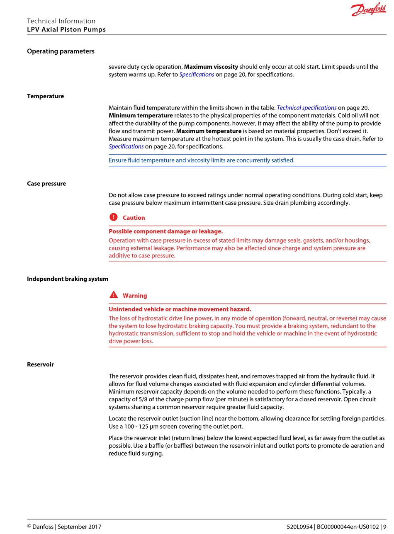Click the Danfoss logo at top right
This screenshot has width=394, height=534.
[x=368, y=10]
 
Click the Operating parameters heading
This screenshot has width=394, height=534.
[x=61, y=51]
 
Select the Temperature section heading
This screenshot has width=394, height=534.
[x=45, y=96]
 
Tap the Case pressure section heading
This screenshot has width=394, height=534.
[x=46, y=184]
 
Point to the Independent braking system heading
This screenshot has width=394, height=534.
[x=67, y=279]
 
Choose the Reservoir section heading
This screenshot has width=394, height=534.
[x=40, y=364]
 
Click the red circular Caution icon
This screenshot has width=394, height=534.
[x=114, y=217]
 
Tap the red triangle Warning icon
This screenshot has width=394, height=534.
[x=114, y=295]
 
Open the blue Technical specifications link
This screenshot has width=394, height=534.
[x=306, y=108]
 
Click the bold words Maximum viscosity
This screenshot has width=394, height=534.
[x=211, y=67]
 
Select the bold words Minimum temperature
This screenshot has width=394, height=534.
[x=141, y=115]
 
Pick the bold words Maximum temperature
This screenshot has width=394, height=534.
[x=209, y=131]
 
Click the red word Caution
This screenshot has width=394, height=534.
[x=134, y=218]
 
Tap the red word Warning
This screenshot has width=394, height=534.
[x=135, y=296]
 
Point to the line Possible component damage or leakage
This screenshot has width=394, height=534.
[x=165, y=231]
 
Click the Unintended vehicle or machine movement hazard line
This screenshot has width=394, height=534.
[x=180, y=309]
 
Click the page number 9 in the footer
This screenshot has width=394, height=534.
[x=384, y=527]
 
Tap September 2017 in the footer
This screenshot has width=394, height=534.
[x=79, y=527]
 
